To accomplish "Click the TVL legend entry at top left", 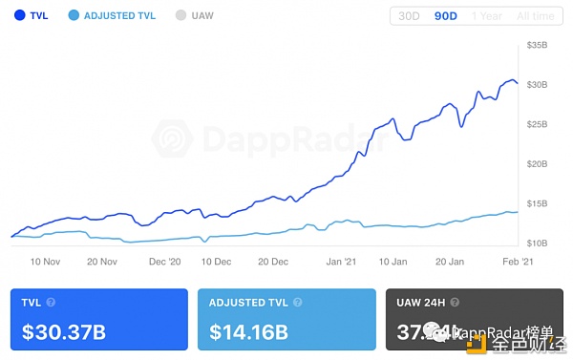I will (x=36, y=16).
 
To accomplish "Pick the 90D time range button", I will (x=446, y=16).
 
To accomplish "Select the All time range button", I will (x=534, y=16).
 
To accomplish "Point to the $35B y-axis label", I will (x=539, y=45).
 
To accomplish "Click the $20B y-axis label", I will (x=539, y=163).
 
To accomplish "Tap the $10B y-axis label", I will (x=539, y=244).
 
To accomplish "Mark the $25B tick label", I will (x=539, y=124).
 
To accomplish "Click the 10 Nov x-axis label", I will (x=45, y=261).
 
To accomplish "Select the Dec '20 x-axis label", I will (x=165, y=261).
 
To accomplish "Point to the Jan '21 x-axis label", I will (x=341, y=261).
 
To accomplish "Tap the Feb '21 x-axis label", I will (x=517, y=261).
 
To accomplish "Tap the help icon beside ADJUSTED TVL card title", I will (x=296, y=303).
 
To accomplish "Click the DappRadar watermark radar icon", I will (x=172, y=139).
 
